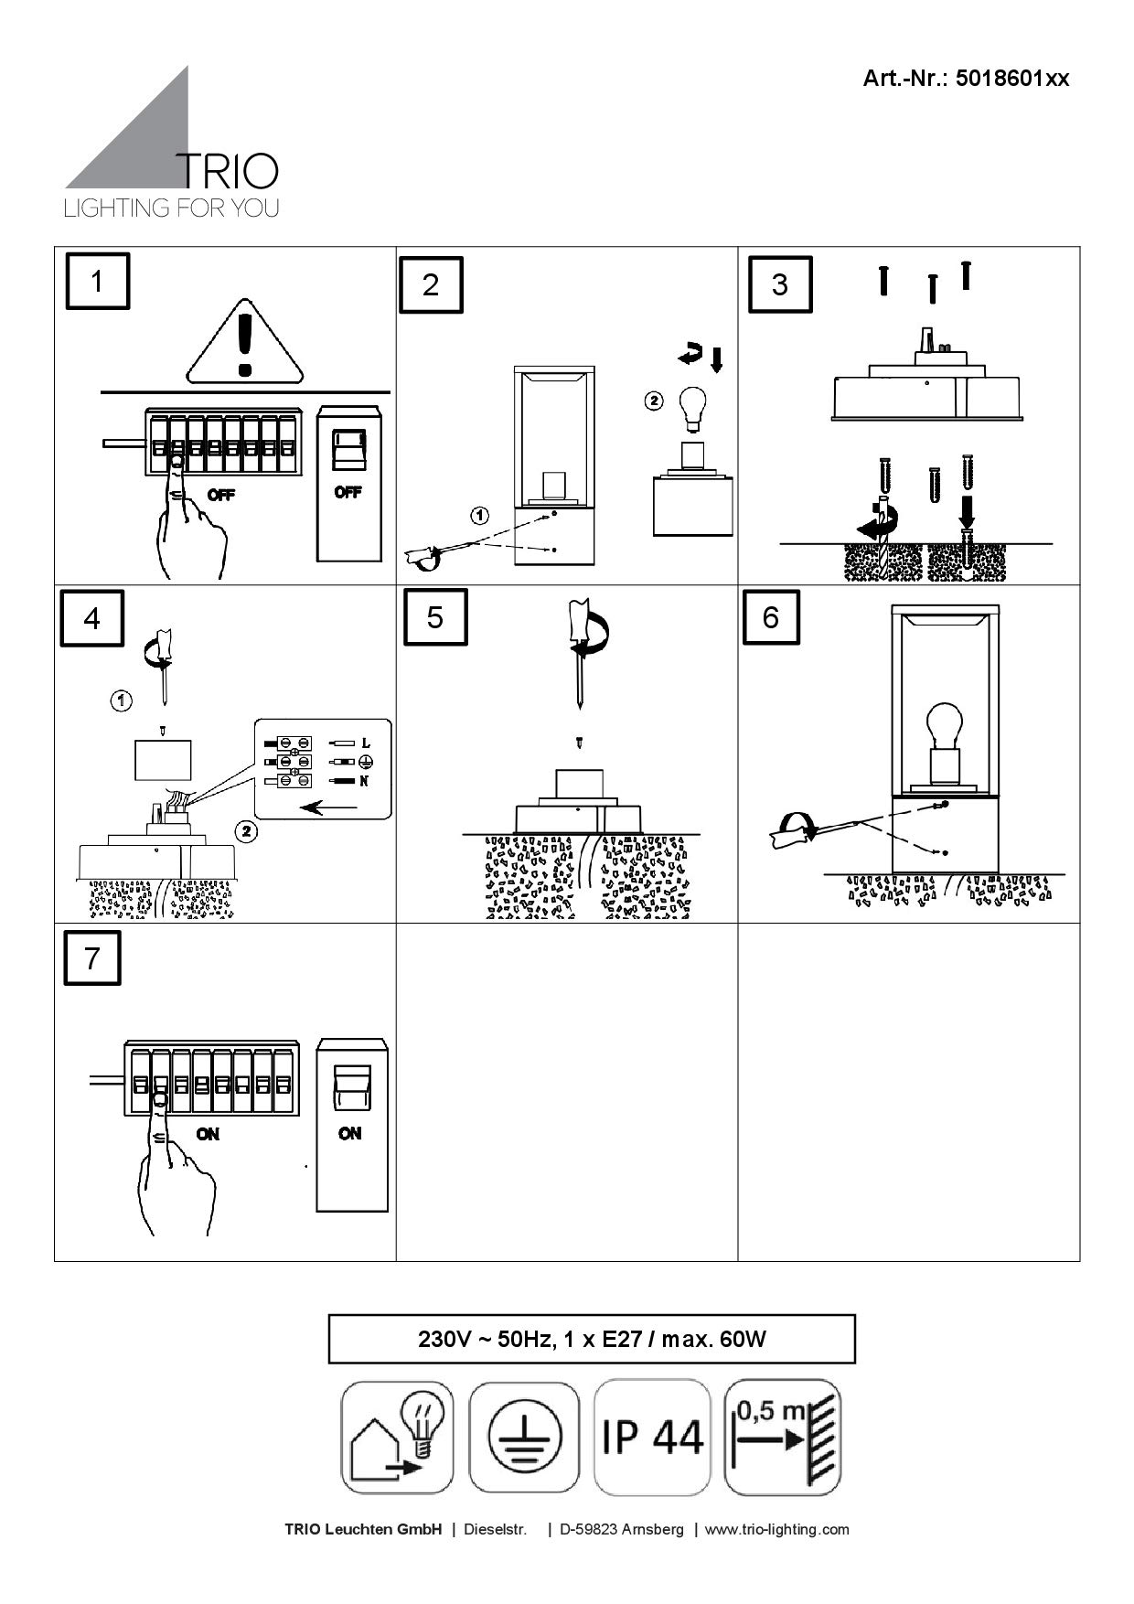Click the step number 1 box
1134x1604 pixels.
[x=97, y=282]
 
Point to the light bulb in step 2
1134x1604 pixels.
[x=693, y=408]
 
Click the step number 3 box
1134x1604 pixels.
[x=779, y=284]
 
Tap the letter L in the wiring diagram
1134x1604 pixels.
[x=366, y=743]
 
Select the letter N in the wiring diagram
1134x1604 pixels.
[x=364, y=781]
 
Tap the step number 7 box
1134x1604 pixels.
[x=92, y=957]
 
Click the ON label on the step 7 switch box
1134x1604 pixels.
[x=349, y=1133]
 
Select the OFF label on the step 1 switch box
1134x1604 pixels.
[x=348, y=492]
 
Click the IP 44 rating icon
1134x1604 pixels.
[x=652, y=1437]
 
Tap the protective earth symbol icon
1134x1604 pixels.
[x=524, y=1437]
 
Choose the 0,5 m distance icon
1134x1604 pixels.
[x=782, y=1437]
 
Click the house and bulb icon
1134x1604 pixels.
[x=397, y=1437]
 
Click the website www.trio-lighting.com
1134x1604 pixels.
[x=776, y=1529]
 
